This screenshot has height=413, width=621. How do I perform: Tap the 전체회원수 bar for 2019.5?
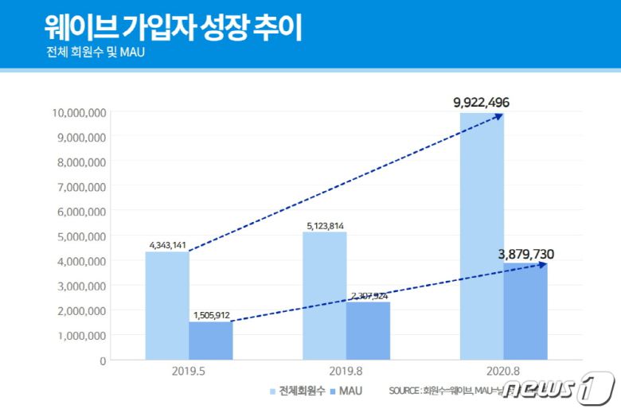pos(167,306)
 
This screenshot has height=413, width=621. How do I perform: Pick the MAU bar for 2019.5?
pos(210,341)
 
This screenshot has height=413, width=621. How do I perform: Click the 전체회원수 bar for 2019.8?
pos(325,295)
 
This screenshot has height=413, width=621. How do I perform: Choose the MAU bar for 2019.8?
pos(368,330)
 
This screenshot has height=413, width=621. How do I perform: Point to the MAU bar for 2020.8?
pos(525,311)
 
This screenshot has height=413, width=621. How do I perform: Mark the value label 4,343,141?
pos(167,244)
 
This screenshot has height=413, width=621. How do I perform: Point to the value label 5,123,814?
pos(325,225)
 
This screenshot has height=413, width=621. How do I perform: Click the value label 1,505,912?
pos(211,315)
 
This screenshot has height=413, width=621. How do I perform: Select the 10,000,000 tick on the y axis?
pos(79,112)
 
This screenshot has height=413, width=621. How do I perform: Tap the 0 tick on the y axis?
pos(103,360)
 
